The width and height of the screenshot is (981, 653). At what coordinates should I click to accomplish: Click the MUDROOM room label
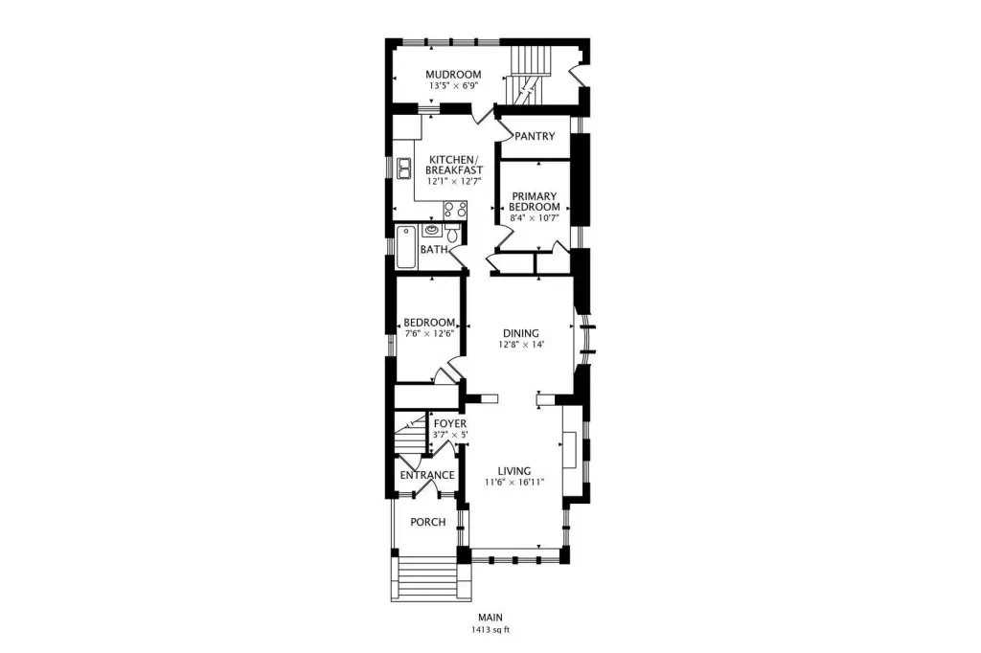tap(453, 75)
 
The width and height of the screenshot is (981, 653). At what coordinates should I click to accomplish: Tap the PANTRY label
tap(535, 136)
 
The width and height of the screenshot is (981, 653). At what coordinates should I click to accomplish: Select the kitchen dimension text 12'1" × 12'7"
tap(454, 181)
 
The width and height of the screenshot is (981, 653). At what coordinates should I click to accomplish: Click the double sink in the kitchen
tap(404, 169)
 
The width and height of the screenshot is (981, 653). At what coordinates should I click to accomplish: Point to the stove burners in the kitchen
tap(455, 210)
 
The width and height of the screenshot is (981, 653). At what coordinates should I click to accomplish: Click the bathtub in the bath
tap(406, 248)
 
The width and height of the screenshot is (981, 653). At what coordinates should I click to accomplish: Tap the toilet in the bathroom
tap(452, 234)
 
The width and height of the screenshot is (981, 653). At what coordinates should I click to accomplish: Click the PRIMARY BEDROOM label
tap(535, 201)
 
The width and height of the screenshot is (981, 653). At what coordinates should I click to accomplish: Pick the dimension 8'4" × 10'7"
tap(535, 218)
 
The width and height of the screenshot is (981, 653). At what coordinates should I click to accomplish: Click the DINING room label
tap(521, 333)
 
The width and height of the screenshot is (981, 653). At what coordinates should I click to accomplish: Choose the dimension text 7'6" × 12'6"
tap(429, 333)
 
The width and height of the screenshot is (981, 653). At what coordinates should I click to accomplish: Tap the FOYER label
tap(450, 424)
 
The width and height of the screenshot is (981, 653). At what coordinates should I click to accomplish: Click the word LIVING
tap(514, 471)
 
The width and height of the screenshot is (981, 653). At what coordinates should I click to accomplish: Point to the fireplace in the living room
tap(570, 450)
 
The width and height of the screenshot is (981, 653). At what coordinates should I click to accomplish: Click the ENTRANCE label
tap(427, 475)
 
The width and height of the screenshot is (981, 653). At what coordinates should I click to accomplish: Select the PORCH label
tap(428, 522)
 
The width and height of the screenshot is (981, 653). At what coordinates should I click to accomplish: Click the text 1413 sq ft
tap(490, 630)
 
